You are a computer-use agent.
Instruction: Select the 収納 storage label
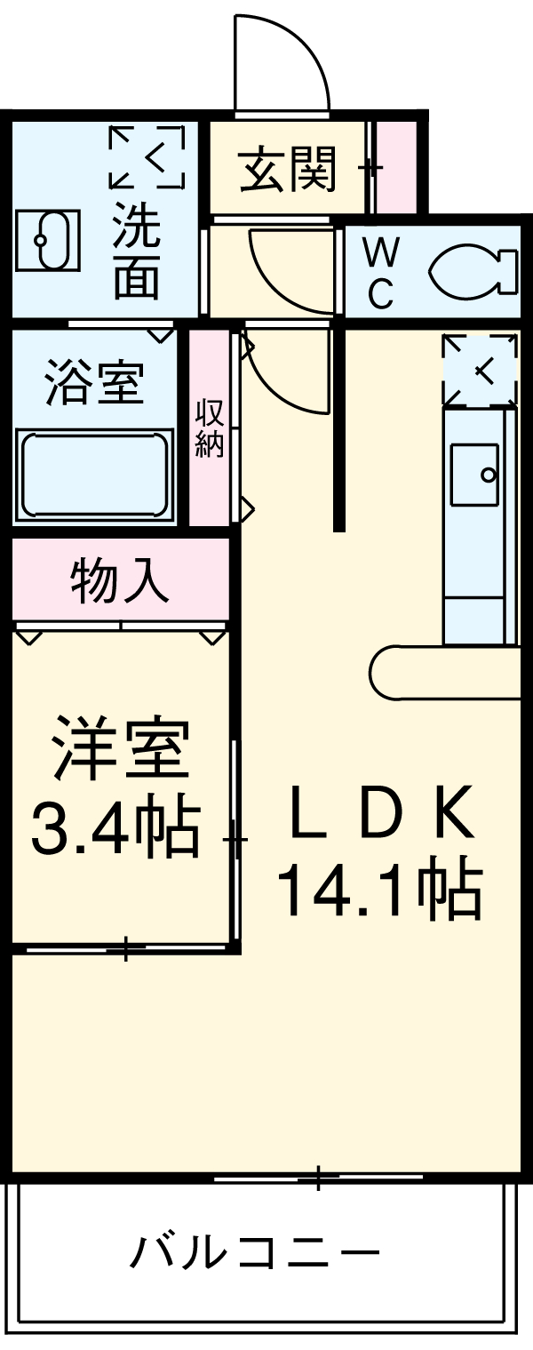tap(211, 428)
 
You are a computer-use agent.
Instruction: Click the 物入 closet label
tap(119, 582)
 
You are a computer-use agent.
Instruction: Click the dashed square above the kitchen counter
tap(480, 371)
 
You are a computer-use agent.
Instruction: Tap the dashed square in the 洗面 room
tap(147, 157)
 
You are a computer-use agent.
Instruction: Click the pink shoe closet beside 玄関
tap(396, 165)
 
